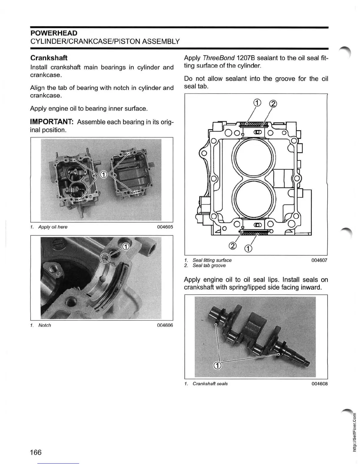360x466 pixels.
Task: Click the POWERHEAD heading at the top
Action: (54, 33)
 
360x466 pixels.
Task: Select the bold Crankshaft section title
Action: (49, 58)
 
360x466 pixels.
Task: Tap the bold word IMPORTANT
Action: (52, 122)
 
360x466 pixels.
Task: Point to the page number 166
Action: (36, 452)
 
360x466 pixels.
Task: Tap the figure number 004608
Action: (319, 384)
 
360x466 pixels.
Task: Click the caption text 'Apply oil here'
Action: (53, 227)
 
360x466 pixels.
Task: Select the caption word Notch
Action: (45, 325)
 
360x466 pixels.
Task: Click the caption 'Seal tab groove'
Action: (209, 265)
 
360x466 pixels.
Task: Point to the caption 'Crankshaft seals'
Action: (210, 384)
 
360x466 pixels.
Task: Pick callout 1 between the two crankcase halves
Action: (103, 175)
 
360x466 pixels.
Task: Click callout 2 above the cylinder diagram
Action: (273, 104)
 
